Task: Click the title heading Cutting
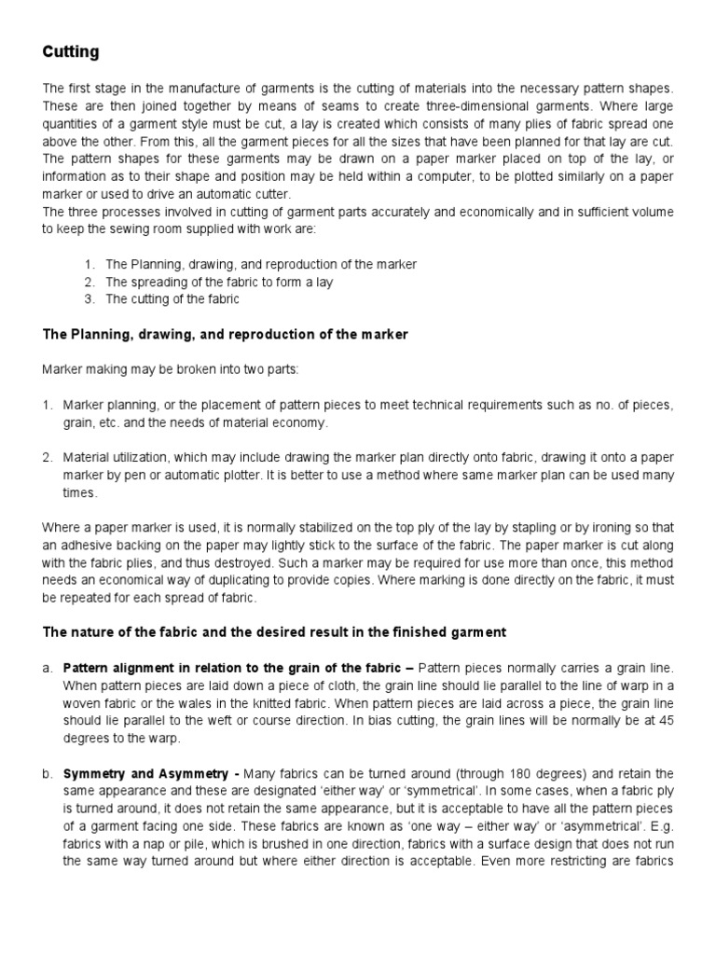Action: (x=71, y=52)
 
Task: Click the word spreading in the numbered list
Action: (x=157, y=282)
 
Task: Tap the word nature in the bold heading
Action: (x=95, y=632)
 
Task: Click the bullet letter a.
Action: (x=48, y=669)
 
